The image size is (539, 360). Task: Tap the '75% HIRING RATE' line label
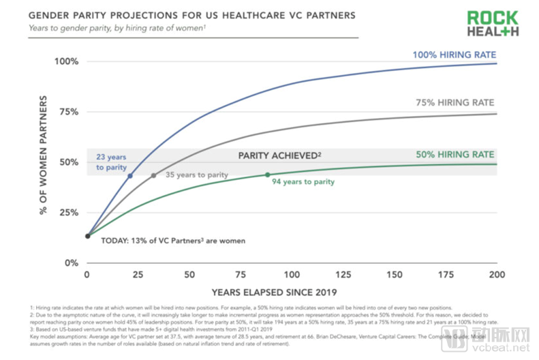(x=455, y=103)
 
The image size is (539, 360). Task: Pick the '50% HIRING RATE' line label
(x=455, y=155)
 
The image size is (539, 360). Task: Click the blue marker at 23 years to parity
(x=130, y=176)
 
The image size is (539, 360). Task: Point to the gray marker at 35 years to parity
(x=154, y=175)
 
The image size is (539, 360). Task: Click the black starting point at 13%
(x=87, y=236)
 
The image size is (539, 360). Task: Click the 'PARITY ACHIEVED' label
(x=279, y=155)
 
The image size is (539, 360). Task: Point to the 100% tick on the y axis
(x=67, y=61)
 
